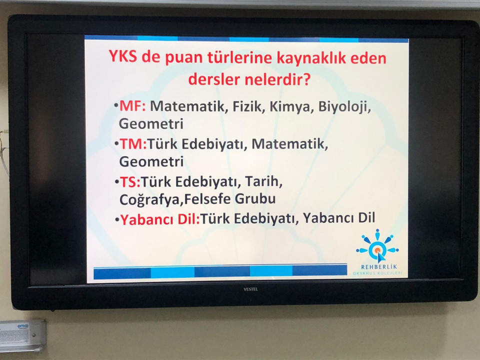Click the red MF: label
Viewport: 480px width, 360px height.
132,106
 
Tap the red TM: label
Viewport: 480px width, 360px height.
133,144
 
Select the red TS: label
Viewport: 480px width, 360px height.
130,182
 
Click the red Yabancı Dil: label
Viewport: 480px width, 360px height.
160,219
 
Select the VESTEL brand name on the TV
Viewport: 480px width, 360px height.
250,289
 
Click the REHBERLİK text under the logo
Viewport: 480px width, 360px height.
379,267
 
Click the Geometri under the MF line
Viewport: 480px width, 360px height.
151,124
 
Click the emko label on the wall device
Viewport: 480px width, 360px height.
23,326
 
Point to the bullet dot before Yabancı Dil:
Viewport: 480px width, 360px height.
116,220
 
